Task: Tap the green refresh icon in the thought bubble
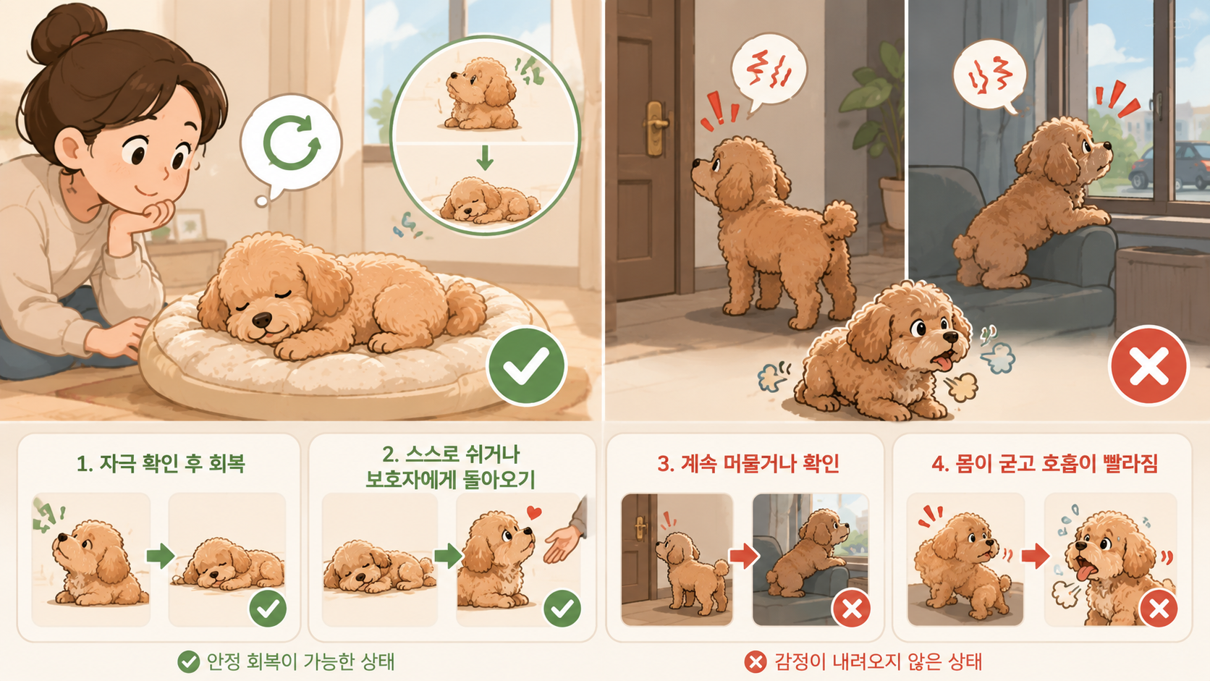coord(292,142)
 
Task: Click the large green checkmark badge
coord(526,365)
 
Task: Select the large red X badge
coord(1149,365)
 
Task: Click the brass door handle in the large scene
coord(655,127)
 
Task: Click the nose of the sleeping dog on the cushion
coord(263,320)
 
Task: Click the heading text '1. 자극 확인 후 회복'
coord(161,463)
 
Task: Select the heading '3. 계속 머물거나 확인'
coord(748,463)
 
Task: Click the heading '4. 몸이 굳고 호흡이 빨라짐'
coord(1045,463)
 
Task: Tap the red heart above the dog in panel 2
coord(533,512)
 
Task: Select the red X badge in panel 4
coord(1158,608)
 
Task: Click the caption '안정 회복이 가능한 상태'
coord(301,661)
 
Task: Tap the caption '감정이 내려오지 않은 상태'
coord(878,661)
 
